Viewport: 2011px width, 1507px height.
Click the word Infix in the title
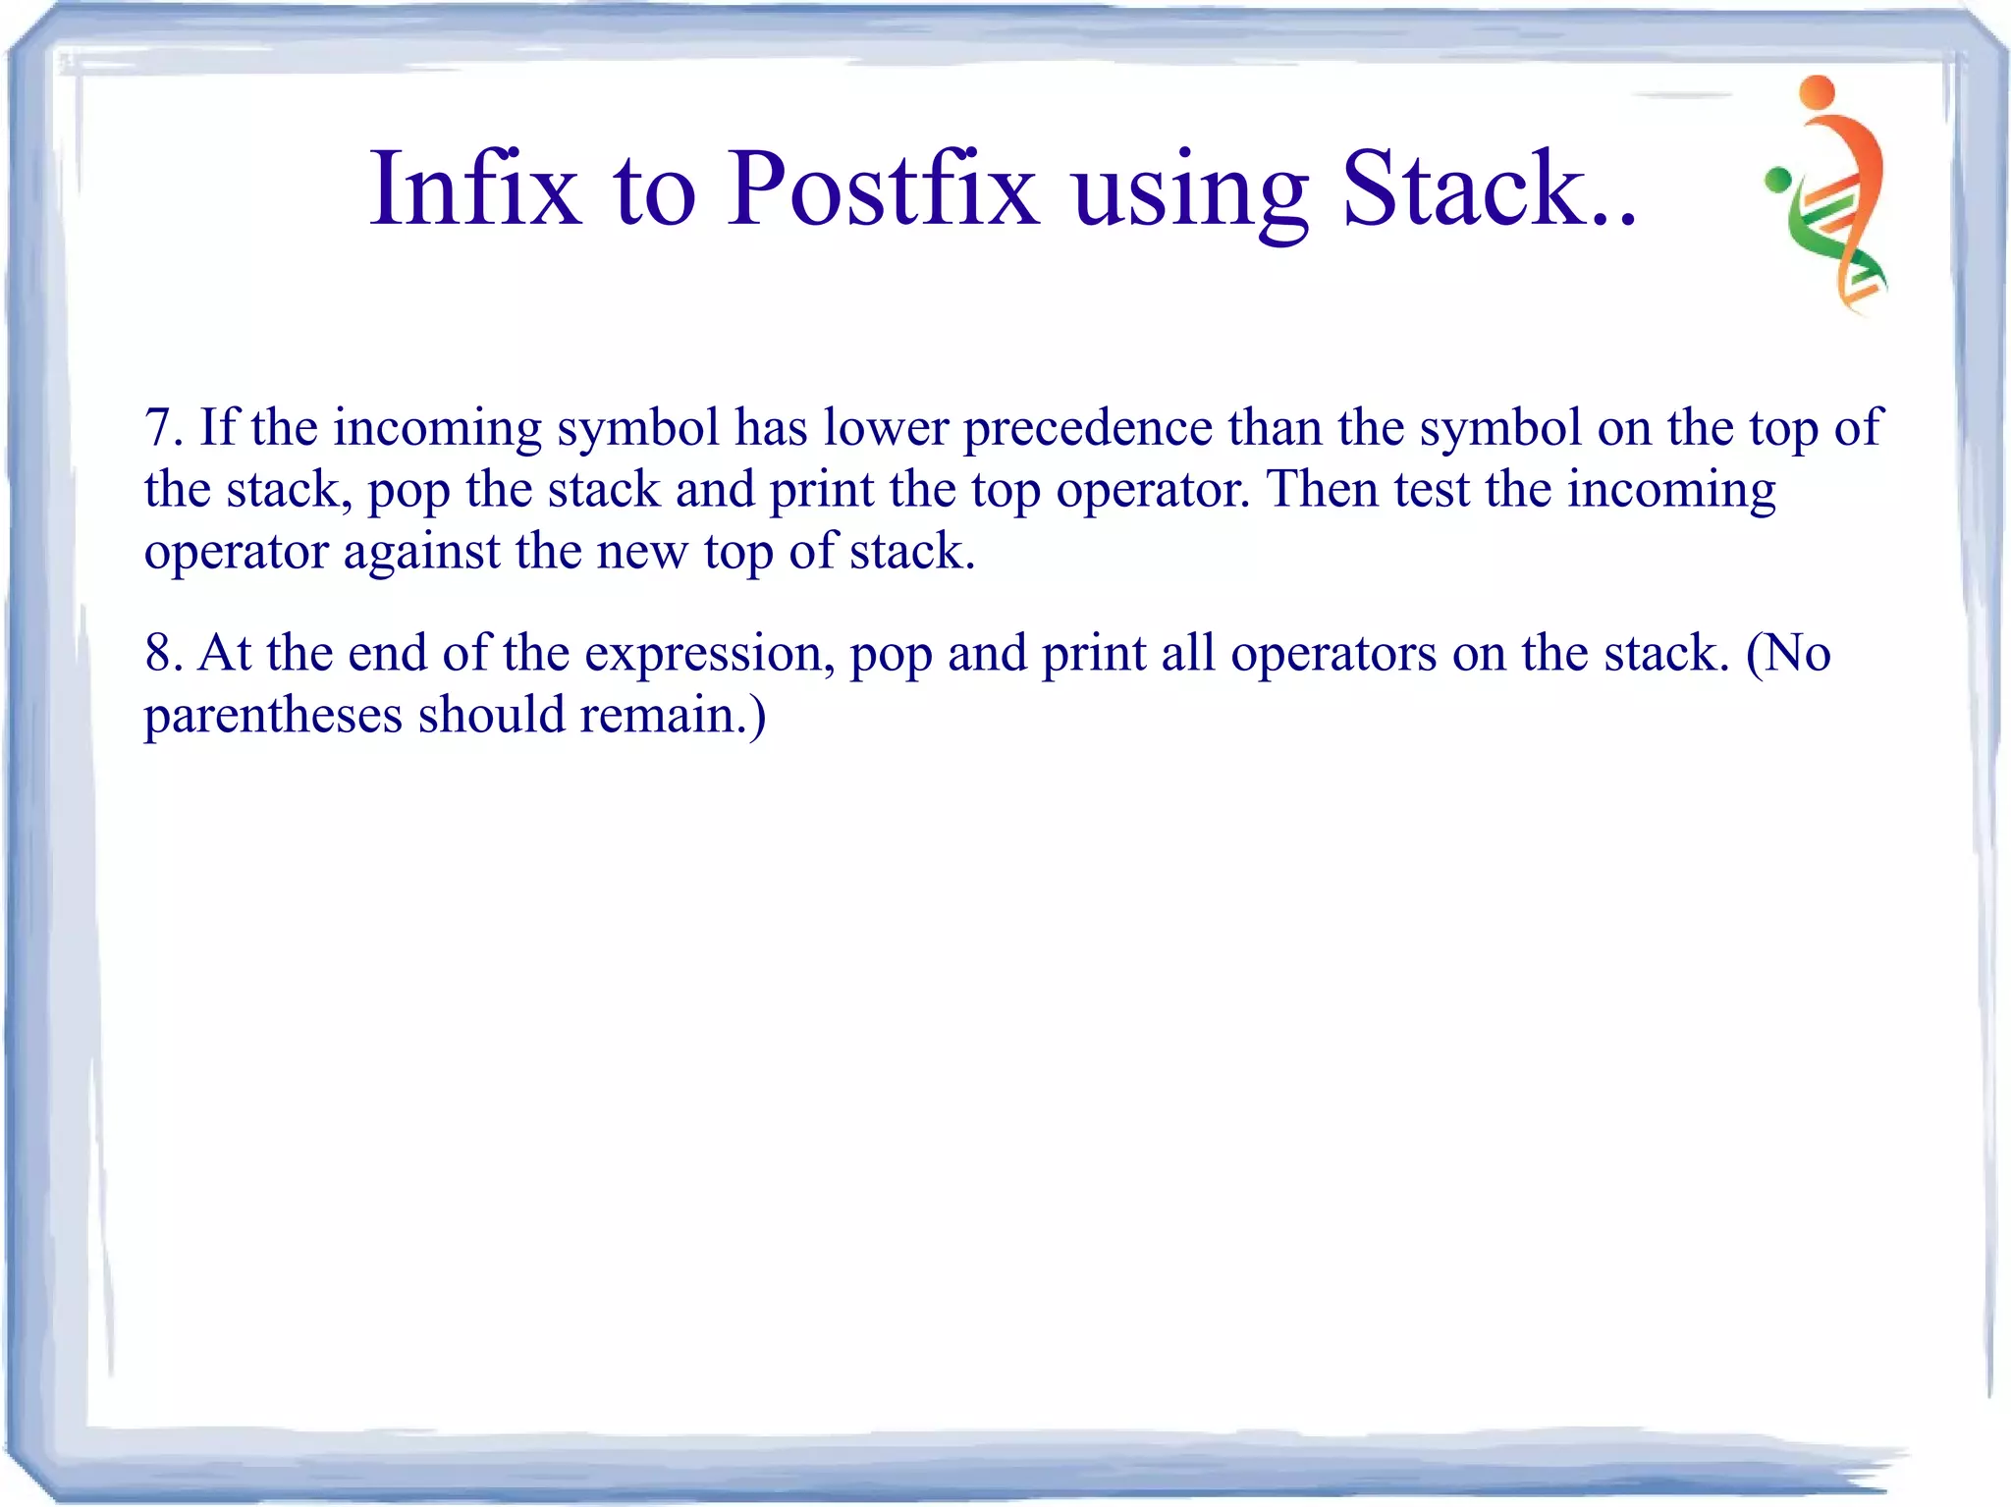[x=475, y=188]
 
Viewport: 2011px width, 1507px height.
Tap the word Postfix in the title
[x=883, y=188]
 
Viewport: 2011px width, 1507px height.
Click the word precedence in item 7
[x=1087, y=429]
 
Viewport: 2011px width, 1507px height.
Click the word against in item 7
[x=421, y=552]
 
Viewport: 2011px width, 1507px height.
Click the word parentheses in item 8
[x=273, y=716]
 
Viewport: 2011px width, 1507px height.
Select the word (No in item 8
[x=1787, y=654]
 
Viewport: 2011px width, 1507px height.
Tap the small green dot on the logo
[x=1777, y=180]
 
